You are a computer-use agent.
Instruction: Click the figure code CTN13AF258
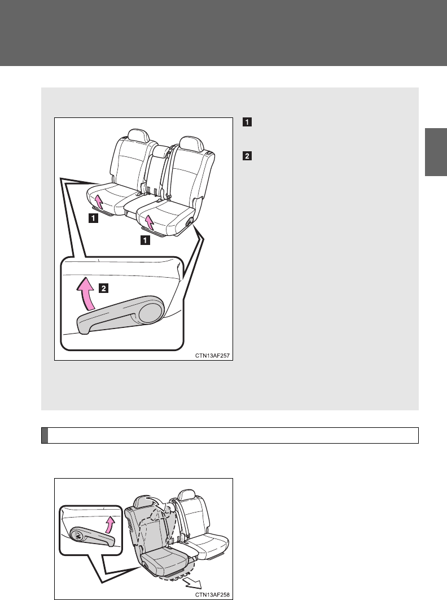pyautogui.click(x=212, y=594)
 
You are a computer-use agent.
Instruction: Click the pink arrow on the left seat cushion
pyautogui.click(x=98, y=201)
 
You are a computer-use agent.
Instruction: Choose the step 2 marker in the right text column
pyautogui.click(x=247, y=156)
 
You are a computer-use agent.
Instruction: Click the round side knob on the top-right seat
pyautogui.click(x=189, y=223)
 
